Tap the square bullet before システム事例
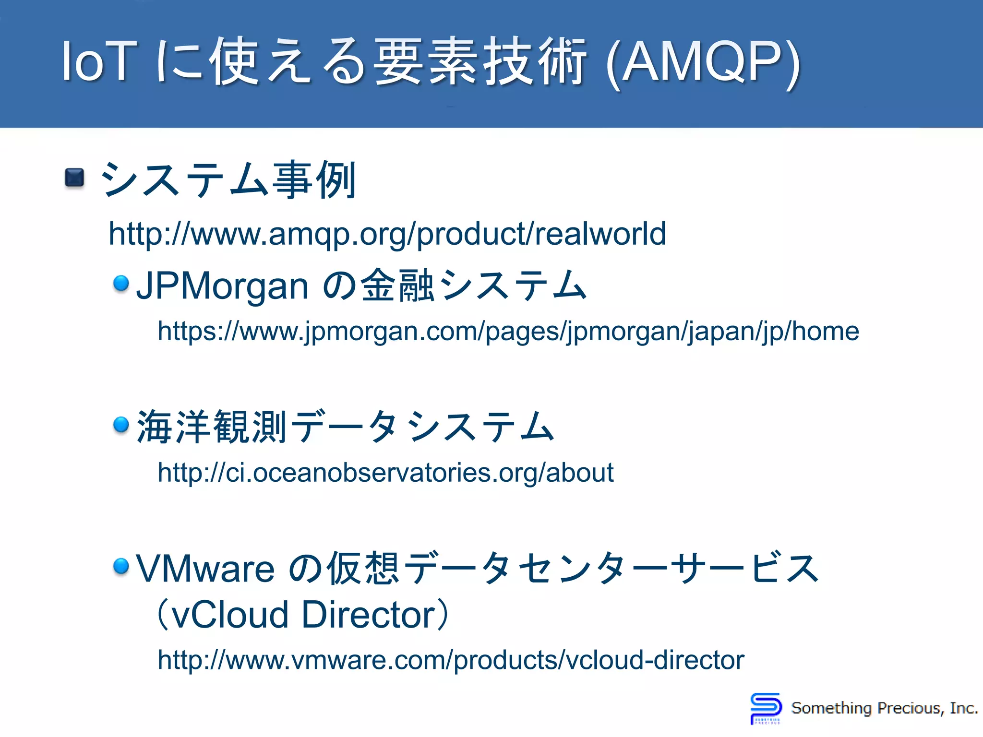point(74,178)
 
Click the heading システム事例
point(228,180)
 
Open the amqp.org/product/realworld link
point(387,234)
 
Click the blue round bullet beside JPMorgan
point(121,283)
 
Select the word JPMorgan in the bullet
point(222,286)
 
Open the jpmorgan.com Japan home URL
point(508,331)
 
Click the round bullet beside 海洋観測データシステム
point(121,424)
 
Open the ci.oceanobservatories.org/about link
point(385,473)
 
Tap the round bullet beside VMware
point(121,566)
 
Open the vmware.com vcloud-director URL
point(451,660)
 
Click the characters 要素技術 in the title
point(480,62)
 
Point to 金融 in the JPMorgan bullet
point(398,286)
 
